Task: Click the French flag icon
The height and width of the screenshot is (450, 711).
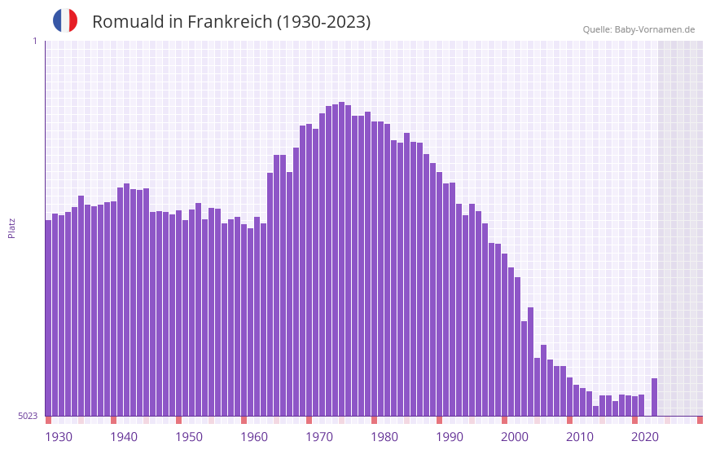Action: click(65, 20)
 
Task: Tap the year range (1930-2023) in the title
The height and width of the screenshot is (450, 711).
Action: click(323, 22)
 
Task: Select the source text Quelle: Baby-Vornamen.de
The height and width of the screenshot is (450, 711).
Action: click(639, 29)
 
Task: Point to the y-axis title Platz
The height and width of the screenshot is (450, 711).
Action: click(11, 227)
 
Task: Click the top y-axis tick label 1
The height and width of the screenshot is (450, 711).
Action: click(34, 41)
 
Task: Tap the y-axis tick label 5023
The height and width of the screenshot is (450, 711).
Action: click(28, 416)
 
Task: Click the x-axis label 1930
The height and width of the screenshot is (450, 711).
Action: click(59, 437)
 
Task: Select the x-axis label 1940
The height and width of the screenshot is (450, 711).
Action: click(124, 437)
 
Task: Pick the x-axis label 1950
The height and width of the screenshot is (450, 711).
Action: click(189, 437)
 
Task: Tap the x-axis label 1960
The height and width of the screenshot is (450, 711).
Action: click(254, 437)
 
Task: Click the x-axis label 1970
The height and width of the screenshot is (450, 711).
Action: click(319, 437)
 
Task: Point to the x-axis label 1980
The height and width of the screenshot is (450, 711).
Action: click(384, 437)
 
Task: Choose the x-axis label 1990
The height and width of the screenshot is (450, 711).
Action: click(450, 437)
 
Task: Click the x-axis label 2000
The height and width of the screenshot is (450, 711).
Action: click(515, 437)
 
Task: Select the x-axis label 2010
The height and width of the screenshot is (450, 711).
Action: click(580, 437)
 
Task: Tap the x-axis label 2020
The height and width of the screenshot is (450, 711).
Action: click(645, 437)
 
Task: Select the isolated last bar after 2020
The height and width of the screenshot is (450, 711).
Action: click(654, 397)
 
